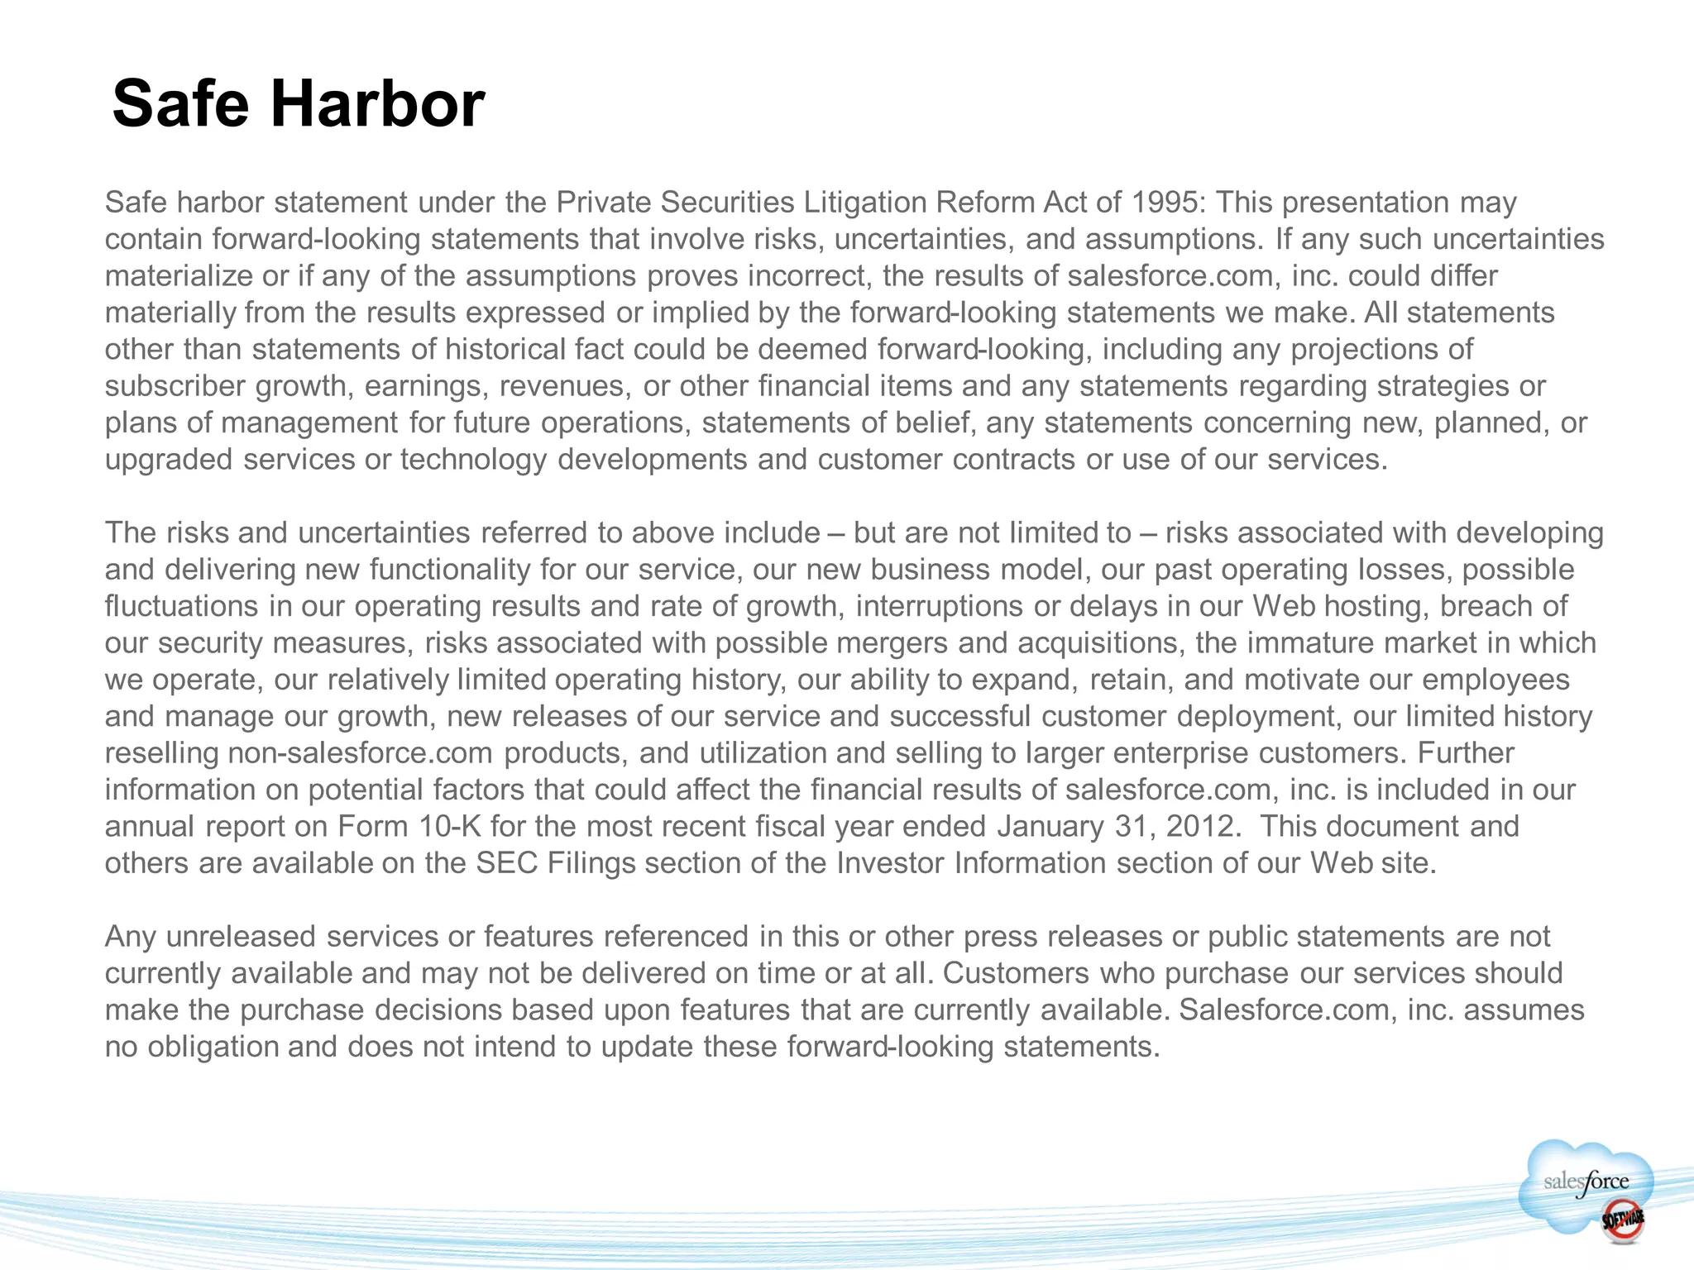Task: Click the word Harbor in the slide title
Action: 377,104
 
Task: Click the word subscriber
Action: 175,386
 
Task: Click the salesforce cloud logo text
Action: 1586,1182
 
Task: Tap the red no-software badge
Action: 1622,1220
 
